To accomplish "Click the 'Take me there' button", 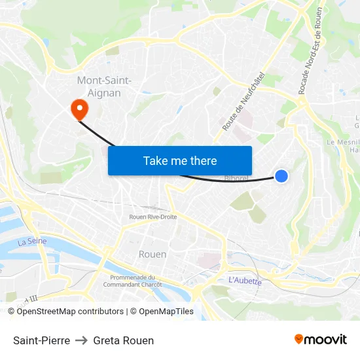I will (180, 160).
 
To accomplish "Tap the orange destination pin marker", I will (79, 109).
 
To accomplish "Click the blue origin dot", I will (281, 175).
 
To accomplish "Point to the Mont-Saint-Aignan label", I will (104, 86).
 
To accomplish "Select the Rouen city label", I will (153, 254).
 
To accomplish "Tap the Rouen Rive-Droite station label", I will (153, 217).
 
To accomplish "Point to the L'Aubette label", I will (245, 281).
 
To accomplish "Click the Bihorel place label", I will (236, 178).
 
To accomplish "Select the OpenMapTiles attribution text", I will (165, 312).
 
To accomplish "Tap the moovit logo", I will (321, 340).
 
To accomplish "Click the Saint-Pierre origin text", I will (41, 340).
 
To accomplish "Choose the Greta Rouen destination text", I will (124, 340).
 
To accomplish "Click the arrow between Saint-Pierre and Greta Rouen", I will (82, 340).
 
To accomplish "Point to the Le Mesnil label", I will (344, 141).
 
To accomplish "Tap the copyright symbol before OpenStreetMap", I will (11, 312).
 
